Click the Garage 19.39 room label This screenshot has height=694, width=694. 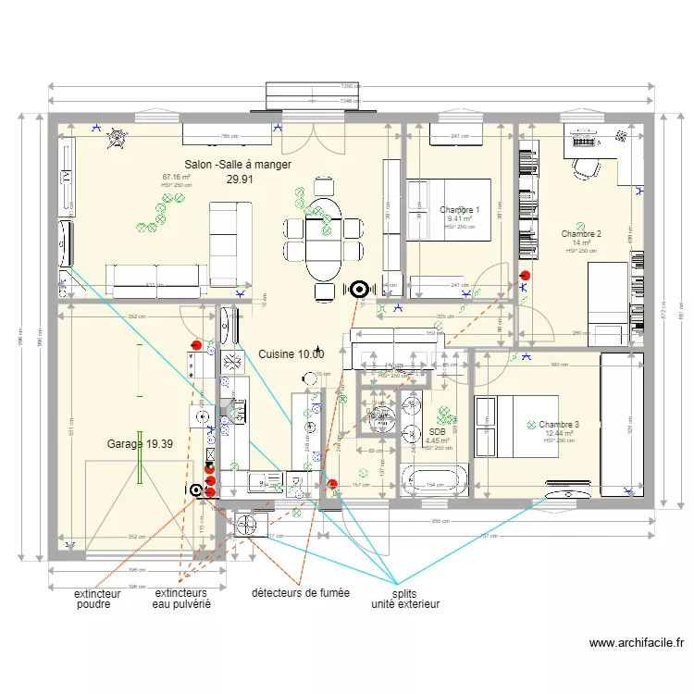point(139,444)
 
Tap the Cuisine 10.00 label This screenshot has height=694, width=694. point(291,354)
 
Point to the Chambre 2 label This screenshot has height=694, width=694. point(581,234)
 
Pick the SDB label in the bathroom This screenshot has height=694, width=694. point(437,431)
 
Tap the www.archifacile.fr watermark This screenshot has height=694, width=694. point(636,643)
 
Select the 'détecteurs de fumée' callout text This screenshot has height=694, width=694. point(300,592)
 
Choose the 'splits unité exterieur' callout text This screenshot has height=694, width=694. point(404,599)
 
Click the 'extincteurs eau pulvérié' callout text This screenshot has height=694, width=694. point(182,599)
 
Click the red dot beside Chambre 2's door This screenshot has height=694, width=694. point(525,275)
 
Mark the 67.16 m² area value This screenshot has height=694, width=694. point(176,177)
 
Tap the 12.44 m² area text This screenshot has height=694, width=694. point(559,433)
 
